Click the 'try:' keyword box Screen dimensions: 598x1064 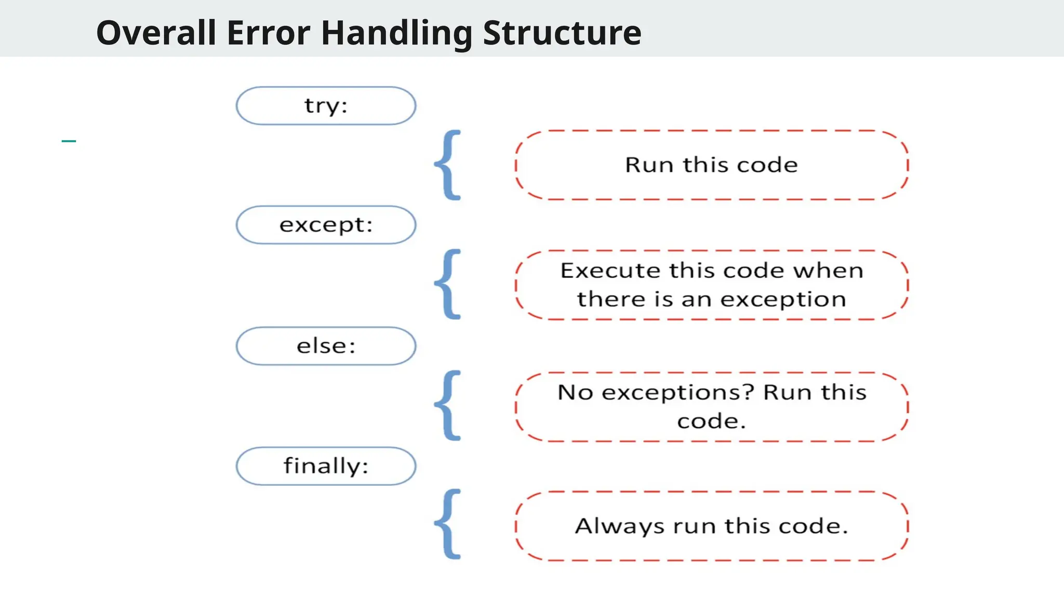tap(326, 106)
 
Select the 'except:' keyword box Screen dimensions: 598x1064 tap(326, 225)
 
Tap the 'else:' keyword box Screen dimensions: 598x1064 tap(326, 346)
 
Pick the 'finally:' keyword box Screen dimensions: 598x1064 tap(326, 466)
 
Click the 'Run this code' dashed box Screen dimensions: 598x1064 tap(711, 165)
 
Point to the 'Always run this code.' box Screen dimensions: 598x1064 tap(711, 526)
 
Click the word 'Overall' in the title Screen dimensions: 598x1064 tap(156, 33)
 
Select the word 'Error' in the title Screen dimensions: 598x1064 tap(268, 33)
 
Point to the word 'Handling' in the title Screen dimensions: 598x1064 tap(397, 33)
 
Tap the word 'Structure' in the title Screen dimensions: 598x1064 tap(562, 33)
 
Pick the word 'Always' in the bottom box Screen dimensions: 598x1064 tap(619, 526)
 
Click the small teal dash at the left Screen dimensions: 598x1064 tap(69, 141)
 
